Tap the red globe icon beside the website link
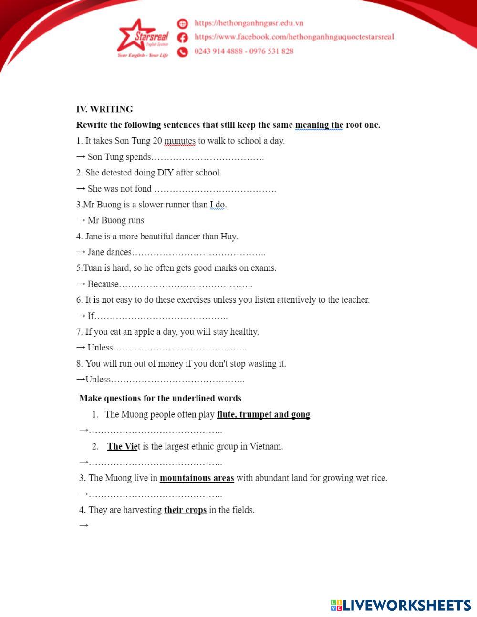click(x=182, y=23)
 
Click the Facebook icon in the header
click(x=182, y=37)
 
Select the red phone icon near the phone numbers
click(x=182, y=51)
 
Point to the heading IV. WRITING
click(x=104, y=109)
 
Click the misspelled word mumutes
click(x=179, y=141)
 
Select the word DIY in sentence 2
click(x=165, y=173)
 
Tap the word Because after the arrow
click(x=103, y=284)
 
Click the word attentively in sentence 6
click(x=301, y=300)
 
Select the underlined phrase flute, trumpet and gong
click(x=263, y=414)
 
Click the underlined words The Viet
click(x=123, y=446)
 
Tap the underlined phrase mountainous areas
click(x=197, y=478)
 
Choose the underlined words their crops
click(x=185, y=510)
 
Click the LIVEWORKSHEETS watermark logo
click(x=401, y=605)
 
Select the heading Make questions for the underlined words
click(x=160, y=398)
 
